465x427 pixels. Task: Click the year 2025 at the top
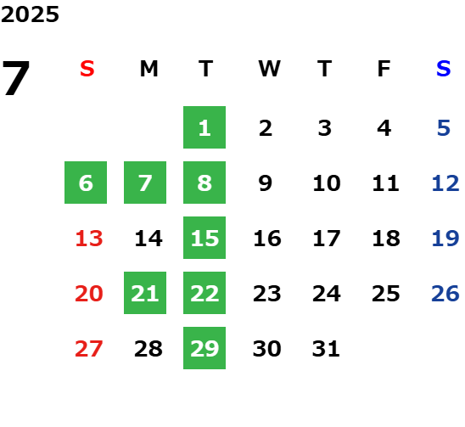pyautogui.click(x=30, y=14)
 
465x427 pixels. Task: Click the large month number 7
pyautogui.click(x=16, y=77)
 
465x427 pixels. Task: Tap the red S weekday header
pyautogui.click(x=87, y=69)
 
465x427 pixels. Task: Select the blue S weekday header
pyautogui.click(x=443, y=69)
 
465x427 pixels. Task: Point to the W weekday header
pyautogui.click(x=269, y=69)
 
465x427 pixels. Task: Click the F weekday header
pyautogui.click(x=384, y=69)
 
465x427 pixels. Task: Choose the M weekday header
pyautogui.click(x=148, y=69)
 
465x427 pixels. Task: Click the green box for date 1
pyautogui.click(x=204, y=127)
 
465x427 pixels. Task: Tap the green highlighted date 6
pyautogui.click(x=86, y=183)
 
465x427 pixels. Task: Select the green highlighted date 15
pyautogui.click(x=204, y=238)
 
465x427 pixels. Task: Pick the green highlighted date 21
pyautogui.click(x=145, y=293)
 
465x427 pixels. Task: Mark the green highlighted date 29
pyautogui.click(x=204, y=348)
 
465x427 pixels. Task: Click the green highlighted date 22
pyautogui.click(x=204, y=293)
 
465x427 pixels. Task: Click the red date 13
pyautogui.click(x=89, y=239)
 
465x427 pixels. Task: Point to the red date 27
pyautogui.click(x=89, y=349)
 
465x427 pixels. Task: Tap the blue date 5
pyautogui.click(x=444, y=128)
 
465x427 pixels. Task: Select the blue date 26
pyautogui.click(x=445, y=294)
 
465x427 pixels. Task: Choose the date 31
pyautogui.click(x=326, y=349)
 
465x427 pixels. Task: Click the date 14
pyautogui.click(x=148, y=239)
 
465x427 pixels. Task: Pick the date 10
pyautogui.click(x=327, y=183)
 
